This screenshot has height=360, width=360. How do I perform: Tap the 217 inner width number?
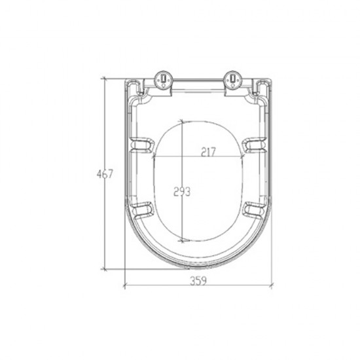209,152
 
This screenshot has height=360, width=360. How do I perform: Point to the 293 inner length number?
181,192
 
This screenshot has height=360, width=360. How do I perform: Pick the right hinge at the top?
232,81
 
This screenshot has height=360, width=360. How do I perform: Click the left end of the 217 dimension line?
153,158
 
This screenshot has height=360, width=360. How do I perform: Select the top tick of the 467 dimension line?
105,77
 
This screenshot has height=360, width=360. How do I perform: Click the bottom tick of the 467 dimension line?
105,268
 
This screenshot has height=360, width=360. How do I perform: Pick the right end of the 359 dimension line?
271,286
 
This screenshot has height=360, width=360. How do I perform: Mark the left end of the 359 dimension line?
124,286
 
